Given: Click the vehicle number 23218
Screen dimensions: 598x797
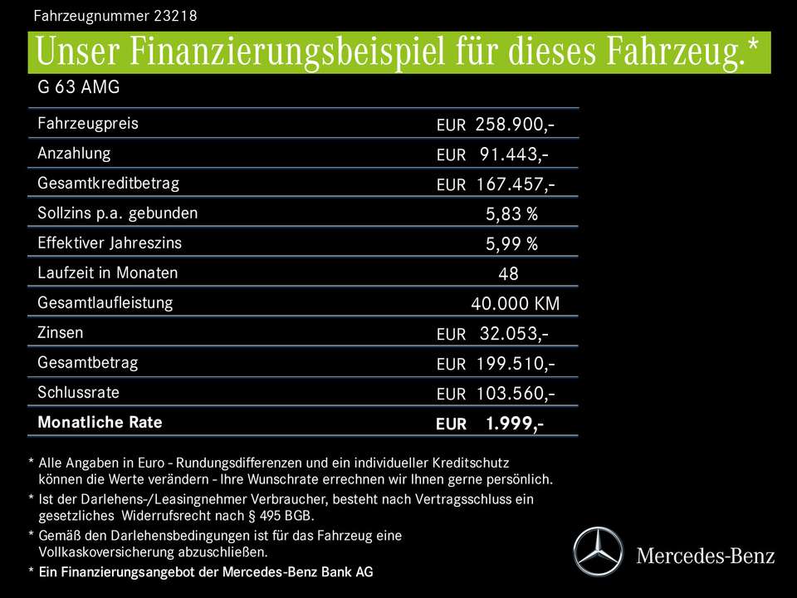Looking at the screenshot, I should point(174,16).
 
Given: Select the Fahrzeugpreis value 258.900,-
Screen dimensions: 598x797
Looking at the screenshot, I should point(515,125).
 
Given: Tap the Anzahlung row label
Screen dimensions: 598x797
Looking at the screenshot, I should point(74,154).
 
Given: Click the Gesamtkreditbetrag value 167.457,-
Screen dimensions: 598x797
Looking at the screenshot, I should point(515,184).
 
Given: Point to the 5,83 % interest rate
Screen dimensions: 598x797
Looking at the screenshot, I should point(511,214).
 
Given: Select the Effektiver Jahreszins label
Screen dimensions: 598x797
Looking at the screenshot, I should point(110,243).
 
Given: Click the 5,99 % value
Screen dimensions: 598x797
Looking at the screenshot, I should point(511,244).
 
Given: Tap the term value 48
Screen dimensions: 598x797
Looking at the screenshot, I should point(508,274).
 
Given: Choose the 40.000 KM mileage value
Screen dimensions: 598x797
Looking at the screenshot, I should point(515,304).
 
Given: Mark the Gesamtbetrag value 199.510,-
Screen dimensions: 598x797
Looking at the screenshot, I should point(515,364).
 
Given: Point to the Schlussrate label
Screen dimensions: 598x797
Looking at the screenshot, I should point(79,392).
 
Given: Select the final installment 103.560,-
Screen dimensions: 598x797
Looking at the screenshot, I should point(515,394).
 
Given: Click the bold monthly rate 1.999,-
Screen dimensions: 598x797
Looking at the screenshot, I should point(515,424).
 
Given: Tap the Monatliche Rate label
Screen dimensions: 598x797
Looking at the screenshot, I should point(100,422).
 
